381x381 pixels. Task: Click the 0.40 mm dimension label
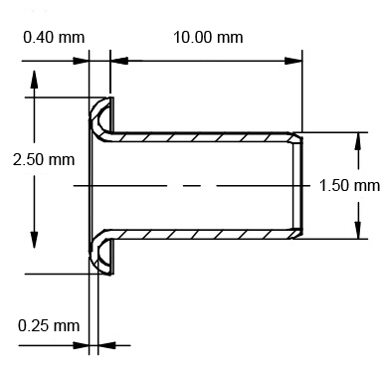tap(53, 37)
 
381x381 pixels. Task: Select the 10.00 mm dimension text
tap(208, 37)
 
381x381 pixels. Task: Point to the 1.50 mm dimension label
tap(350, 185)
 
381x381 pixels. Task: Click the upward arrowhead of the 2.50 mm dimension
tap(36, 81)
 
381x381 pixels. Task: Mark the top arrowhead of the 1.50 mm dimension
tap(356, 140)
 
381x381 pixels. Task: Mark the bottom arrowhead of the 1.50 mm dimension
tap(356, 231)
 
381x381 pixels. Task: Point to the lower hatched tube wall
tap(199, 236)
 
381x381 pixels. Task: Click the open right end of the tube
tap(296, 185)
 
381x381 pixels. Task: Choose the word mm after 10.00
tap(230, 37)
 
